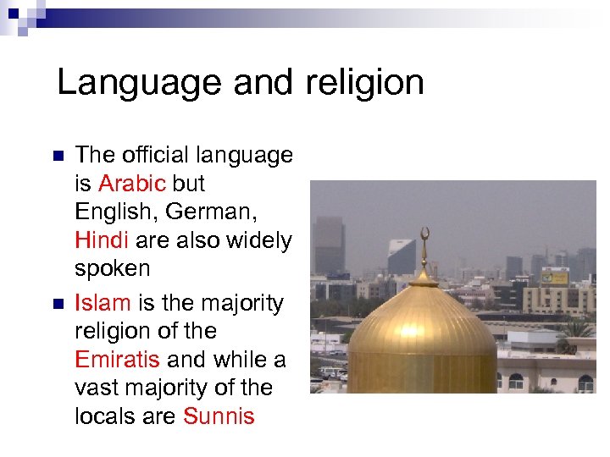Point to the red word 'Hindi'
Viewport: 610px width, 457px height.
pos(101,240)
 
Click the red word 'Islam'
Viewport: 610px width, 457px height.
pos(103,303)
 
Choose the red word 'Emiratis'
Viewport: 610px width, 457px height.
pos(117,359)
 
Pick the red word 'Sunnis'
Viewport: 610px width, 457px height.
pos(219,416)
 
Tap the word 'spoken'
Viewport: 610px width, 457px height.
pos(112,269)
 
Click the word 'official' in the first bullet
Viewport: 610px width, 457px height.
pos(158,155)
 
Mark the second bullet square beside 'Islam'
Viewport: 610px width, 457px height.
pos(58,304)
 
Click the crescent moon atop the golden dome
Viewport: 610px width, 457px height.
pos(424,234)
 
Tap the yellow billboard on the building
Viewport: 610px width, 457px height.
pos(555,277)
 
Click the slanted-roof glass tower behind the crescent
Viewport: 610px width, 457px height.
pos(401,256)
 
